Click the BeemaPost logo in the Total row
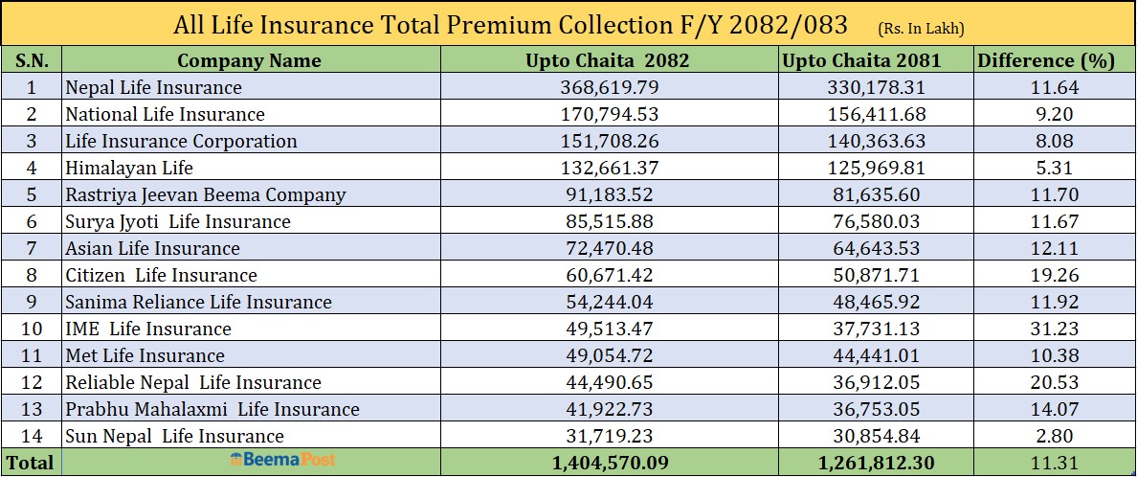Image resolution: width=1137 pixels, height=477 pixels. tap(282, 461)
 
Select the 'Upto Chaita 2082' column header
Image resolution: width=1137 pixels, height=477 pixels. tap(608, 60)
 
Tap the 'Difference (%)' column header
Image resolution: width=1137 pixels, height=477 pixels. tap(1045, 60)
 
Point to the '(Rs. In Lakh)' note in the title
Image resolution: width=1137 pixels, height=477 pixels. tap(920, 29)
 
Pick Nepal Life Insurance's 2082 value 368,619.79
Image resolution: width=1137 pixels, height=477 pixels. tap(609, 87)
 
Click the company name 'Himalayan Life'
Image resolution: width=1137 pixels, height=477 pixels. tap(129, 168)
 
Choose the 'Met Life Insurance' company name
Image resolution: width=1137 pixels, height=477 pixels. tap(145, 355)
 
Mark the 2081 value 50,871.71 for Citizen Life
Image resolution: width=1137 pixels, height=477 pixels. tap(875, 275)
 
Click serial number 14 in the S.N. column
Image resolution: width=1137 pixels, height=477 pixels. tap(32, 436)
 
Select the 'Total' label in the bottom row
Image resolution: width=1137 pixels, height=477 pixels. tap(32, 463)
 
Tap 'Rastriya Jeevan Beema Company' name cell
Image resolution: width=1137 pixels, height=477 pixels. tap(205, 194)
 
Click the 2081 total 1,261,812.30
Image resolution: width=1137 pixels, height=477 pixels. tap(875, 463)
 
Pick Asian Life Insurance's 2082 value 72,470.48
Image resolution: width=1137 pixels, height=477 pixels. tap(609, 248)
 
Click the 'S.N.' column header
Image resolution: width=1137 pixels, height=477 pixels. tap(32, 60)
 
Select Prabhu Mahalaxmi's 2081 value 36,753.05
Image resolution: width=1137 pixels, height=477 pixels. tap(875, 409)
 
